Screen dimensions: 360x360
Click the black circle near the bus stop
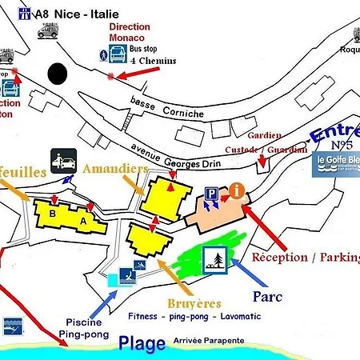tap(57, 73)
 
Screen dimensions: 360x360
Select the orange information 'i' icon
tap(237, 190)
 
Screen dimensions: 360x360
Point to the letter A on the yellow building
tap(83, 221)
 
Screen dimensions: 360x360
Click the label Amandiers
tap(114, 170)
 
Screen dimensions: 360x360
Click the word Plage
tap(142, 344)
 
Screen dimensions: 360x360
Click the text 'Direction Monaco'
tap(129, 32)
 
